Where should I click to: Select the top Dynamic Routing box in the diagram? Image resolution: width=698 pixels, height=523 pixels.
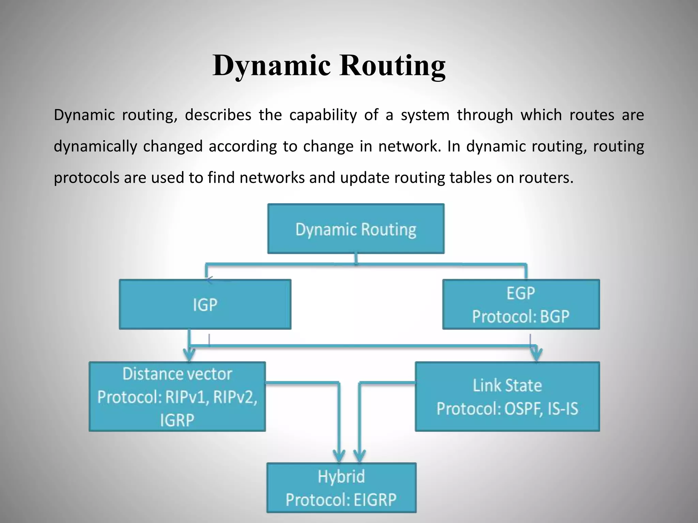(356, 229)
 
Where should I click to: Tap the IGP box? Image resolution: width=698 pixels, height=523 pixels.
(205, 304)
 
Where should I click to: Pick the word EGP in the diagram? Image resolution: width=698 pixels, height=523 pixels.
(520, 294)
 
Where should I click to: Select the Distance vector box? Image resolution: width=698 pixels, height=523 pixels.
(177, 396)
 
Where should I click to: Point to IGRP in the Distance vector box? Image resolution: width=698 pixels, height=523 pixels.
(177, 420)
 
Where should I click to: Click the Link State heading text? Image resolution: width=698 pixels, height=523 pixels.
(507, 385)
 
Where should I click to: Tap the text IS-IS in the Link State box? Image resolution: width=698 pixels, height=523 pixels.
(563, 409)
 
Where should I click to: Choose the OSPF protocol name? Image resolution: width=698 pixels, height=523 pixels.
(523, 409)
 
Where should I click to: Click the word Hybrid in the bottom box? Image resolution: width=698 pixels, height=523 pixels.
(341, 476)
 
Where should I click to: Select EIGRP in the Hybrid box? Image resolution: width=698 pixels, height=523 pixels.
(375, 500)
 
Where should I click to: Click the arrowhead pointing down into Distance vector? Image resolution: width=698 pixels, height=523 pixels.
(190, 355)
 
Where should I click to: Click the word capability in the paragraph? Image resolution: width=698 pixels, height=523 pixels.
(323, 115)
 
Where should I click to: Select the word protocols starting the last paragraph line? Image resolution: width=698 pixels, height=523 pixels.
(87, 178)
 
